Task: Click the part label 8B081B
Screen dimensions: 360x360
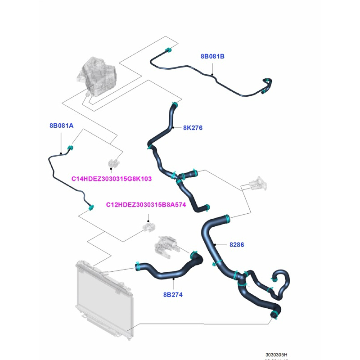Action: pos(212,57)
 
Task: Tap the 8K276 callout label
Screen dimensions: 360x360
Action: pos(193,128)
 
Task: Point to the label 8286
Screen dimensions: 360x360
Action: pos(237,245)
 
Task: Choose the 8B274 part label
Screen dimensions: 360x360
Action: pos(173,295)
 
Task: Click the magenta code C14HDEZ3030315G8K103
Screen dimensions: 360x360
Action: pos(112,179)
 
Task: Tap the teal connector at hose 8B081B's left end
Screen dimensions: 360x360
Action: pos(167,50)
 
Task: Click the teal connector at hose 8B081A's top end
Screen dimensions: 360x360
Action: pos(71,148)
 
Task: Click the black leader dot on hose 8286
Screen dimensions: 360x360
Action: pos(215,245)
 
